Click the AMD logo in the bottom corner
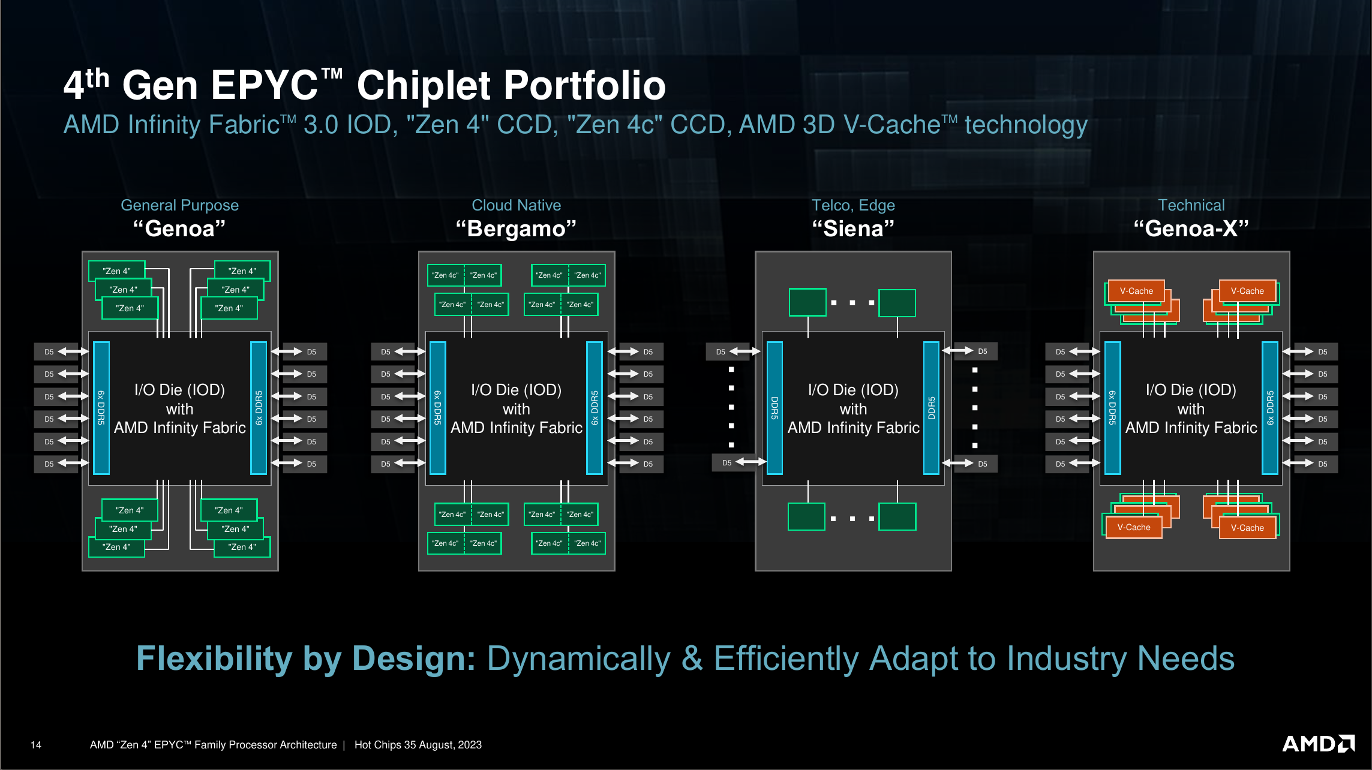click(1318, 744)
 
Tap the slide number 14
click(36, 745)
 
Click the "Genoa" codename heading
click(179, 229)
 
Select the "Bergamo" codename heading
click(516, 229)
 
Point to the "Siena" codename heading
click(852, 229)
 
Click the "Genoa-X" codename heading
click(1191, 229)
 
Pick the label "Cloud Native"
click(516, 205)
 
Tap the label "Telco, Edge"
click(852, 205)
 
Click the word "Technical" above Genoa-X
click(1191, 205)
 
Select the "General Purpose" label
click(179, 205)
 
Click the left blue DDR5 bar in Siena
click(774, 408)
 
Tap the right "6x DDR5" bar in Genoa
click(259, 408)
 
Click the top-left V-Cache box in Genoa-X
click(1136, 291)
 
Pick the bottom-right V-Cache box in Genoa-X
click(1247, 528)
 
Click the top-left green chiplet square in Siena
click(807, 302)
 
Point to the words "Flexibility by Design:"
click(306, 658)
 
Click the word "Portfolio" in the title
click(511, 85)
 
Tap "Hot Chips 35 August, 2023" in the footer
click(418, 745)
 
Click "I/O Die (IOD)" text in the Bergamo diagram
click(516, 390)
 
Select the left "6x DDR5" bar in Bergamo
click(438, 408)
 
